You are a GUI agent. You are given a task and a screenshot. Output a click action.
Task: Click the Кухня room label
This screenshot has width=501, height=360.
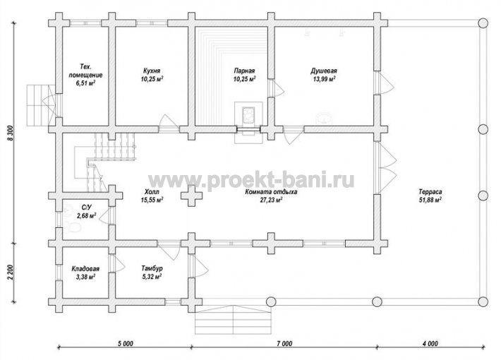(x=152, y=71)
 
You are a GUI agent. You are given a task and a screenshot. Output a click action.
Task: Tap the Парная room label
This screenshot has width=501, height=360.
(x=244, y=71)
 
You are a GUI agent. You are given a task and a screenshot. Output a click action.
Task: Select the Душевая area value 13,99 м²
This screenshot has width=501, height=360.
(x=324, y=78)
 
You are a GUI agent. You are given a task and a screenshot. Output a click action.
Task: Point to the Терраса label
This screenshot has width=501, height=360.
(x=430, y=192)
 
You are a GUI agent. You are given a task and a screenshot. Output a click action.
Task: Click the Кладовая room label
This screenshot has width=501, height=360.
(x=85, y=269)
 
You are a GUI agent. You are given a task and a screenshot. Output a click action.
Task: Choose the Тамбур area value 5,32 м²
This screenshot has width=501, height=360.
(x=152, y=277)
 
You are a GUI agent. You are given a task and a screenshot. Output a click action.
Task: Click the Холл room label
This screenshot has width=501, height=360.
(x=152, y=192)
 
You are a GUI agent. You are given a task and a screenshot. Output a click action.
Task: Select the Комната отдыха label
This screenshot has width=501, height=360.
(x=271, y=192)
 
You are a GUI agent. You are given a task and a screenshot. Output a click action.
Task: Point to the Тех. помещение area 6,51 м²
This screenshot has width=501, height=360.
(x=86, y=83)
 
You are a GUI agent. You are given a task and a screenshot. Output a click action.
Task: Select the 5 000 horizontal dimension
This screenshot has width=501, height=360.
(x=126, y=344)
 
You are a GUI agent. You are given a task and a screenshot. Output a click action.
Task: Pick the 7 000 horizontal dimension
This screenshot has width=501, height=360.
(x=284, y=344)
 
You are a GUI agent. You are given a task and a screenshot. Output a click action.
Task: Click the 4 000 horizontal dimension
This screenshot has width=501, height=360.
(x=430, y=344)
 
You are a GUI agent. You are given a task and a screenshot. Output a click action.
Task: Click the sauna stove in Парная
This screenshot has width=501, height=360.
(x=248, y=115)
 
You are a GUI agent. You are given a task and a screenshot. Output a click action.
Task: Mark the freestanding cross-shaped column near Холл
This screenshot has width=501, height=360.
(x=191, y=196)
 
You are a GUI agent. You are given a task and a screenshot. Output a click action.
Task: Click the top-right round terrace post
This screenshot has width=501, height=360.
(x=483, y=23)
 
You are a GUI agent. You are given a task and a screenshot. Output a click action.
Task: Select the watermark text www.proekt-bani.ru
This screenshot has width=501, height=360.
(x=251, y=180)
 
